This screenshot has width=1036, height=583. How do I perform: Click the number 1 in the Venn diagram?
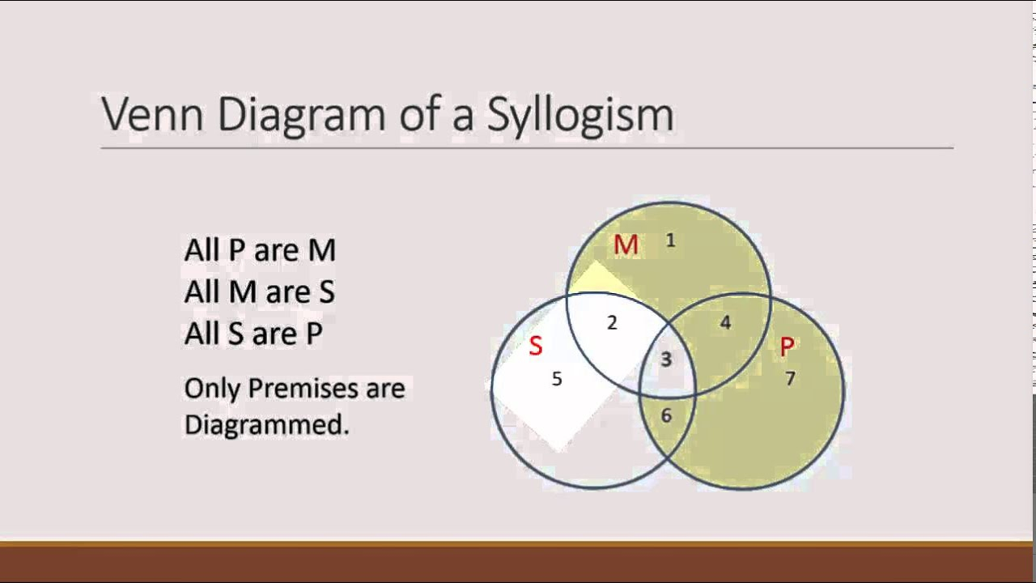pos(671,240)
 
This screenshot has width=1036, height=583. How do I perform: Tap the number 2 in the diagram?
pos(612,322)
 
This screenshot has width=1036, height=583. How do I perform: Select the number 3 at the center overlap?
pos(666,359)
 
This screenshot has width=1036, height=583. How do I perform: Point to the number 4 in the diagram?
pos(726,322)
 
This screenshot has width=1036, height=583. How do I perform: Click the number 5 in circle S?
pos(557,379)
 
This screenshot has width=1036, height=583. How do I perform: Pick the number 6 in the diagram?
pos(666,415)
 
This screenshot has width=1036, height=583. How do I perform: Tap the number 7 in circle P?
pos(790,379)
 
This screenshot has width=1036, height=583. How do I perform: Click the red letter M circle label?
pos(626,245)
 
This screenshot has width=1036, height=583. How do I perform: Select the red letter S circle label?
pos(536,346)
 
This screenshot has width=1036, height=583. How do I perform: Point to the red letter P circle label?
pos(788,346)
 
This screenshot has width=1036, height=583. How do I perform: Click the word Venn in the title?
pos(152,114)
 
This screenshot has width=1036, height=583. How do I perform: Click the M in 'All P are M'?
pos(321,250)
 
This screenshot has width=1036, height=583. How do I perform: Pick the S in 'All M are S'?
pos(326,292)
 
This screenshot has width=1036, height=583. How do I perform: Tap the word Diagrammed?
pos(266,426)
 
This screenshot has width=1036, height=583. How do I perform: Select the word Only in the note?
pos(212,389)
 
